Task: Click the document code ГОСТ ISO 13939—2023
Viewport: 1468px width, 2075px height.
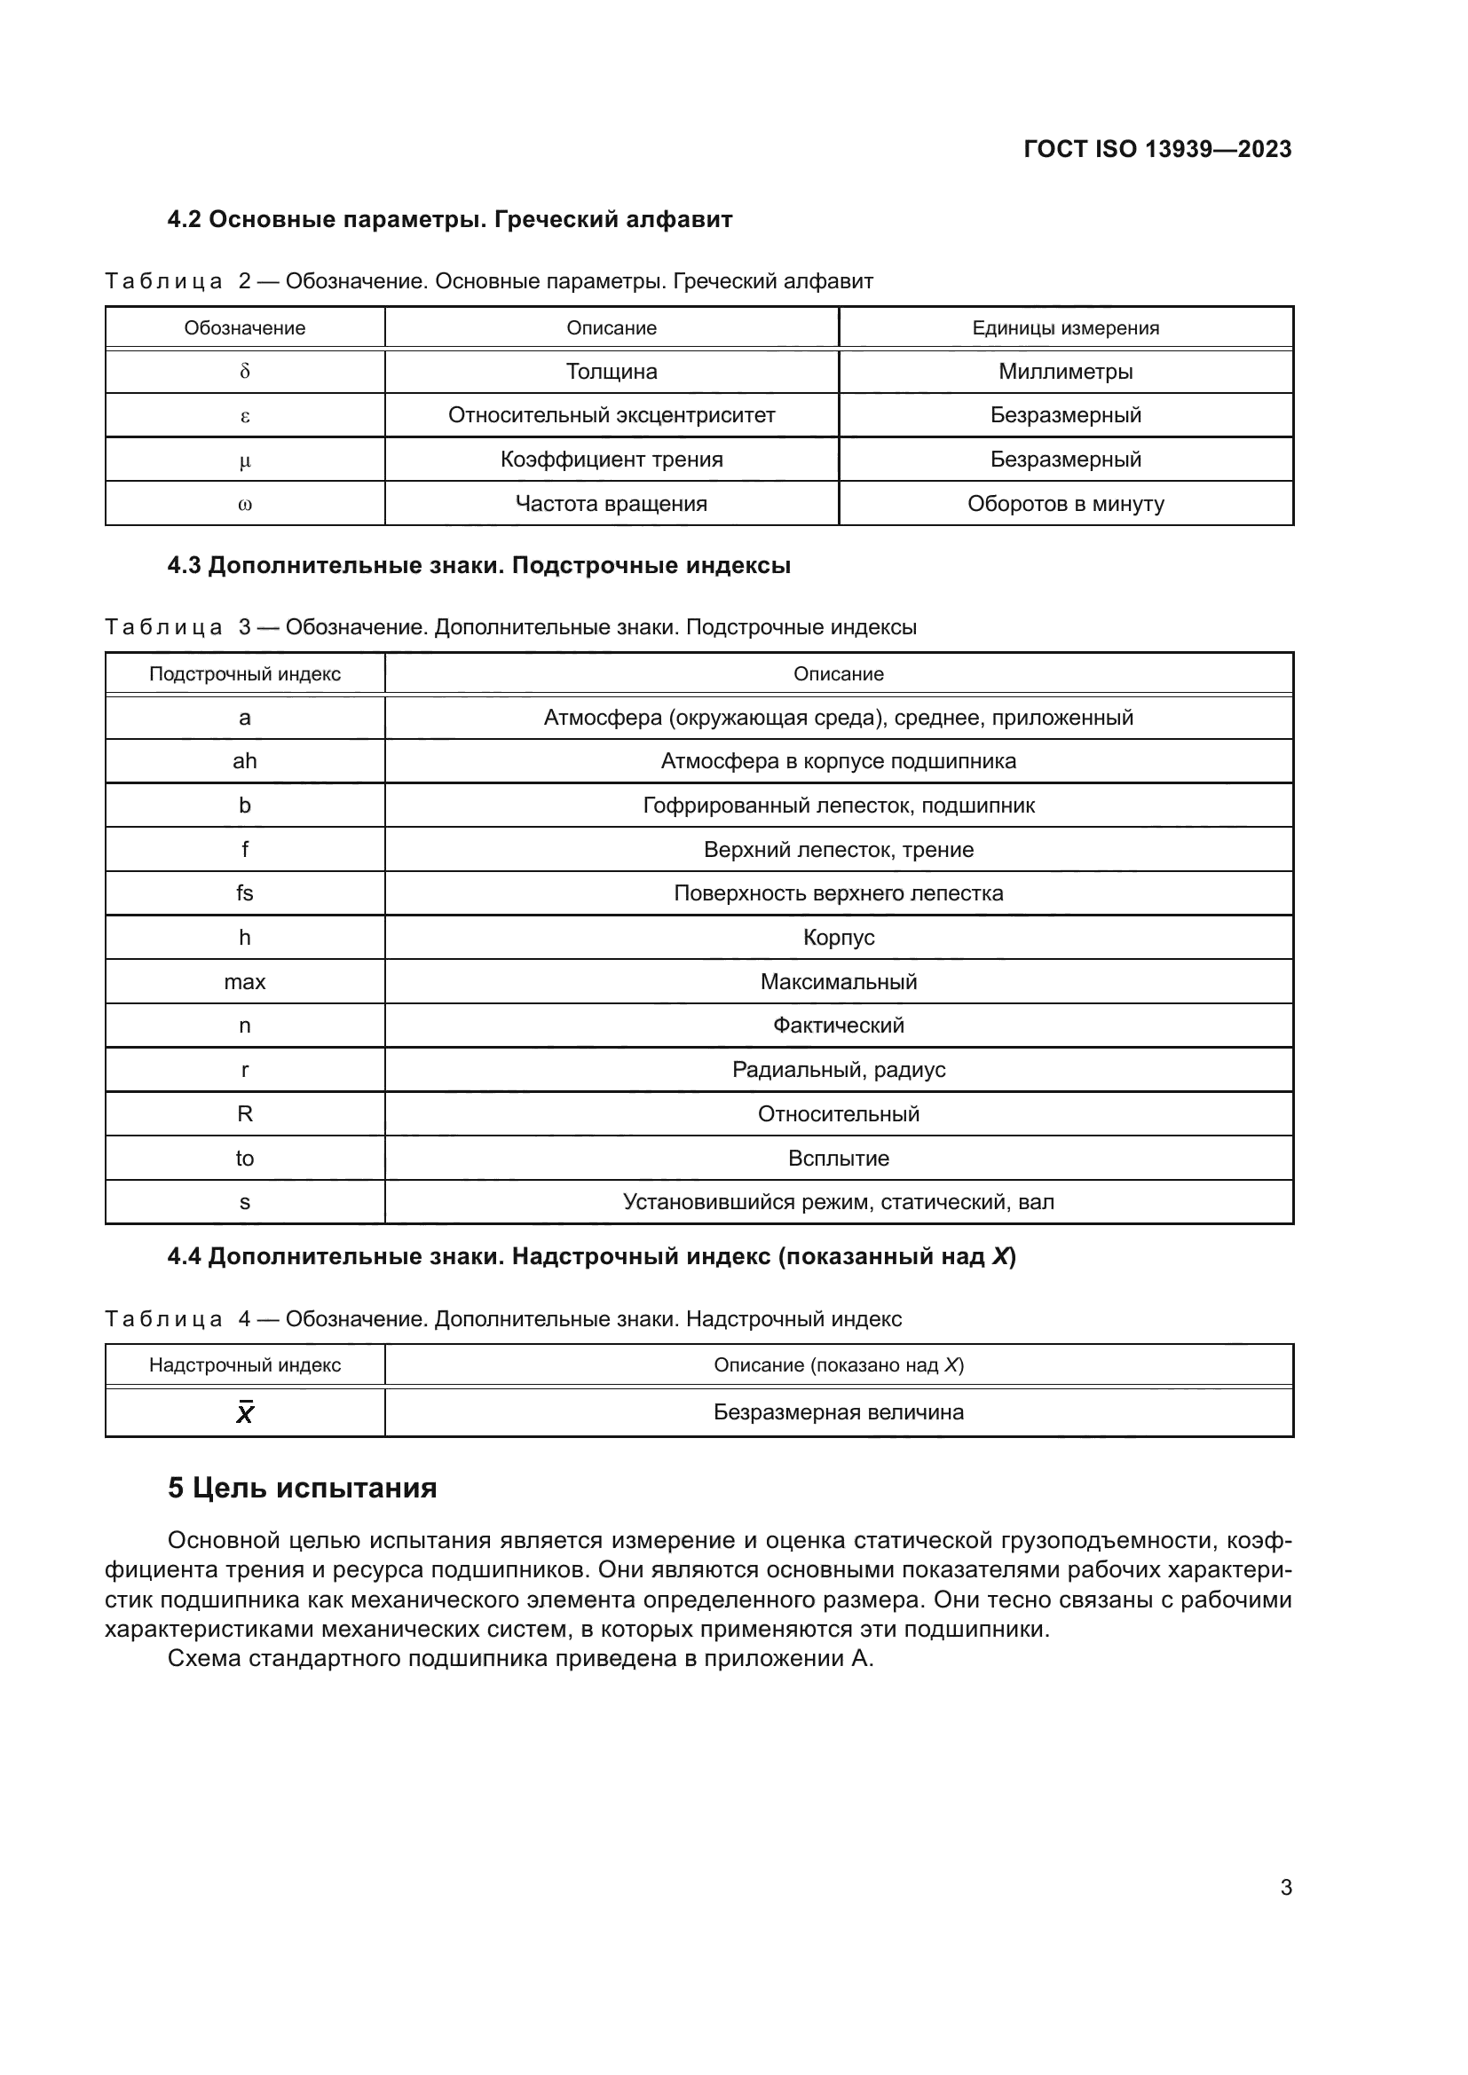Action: click(1157, 149)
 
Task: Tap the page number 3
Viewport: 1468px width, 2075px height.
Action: click(1285, 1888)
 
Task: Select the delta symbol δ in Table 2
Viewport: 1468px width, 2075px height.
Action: click(244, 372)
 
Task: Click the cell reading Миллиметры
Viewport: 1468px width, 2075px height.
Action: click(1065, 372)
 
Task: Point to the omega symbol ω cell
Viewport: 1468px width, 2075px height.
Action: click(244, 504)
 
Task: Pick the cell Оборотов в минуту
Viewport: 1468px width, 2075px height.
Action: click(1065, 503)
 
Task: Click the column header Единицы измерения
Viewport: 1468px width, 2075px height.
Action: click(1065, 328)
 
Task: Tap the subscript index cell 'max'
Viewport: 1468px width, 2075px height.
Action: click(244, 981)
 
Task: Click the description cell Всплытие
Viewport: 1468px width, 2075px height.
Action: click(838, 1158)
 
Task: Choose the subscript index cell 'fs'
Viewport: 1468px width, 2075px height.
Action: click(244, 893)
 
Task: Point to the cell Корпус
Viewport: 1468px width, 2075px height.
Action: click(838, 937)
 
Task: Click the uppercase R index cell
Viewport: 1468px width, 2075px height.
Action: click(244, 1113)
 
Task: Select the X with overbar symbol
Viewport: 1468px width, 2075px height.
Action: click(244, 1412)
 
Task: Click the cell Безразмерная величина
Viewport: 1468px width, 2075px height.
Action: click(838, 1411)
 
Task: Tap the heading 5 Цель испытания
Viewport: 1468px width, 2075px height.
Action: click(302, 1488)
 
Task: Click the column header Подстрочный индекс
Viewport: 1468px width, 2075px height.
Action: click(244, 673)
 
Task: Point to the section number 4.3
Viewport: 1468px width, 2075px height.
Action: click(185, 566)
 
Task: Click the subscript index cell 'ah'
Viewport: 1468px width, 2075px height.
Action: click(244, 761)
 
